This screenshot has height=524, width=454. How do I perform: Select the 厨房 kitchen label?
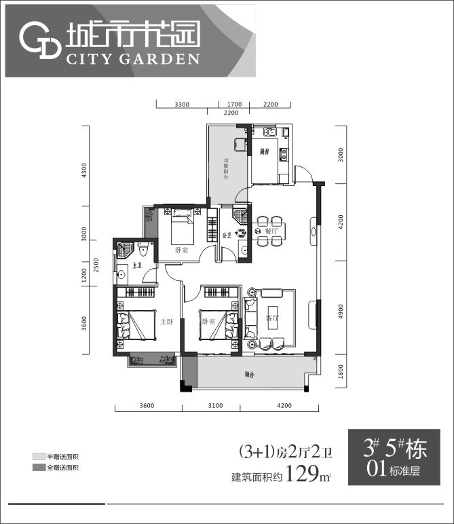click(x=264, y=151)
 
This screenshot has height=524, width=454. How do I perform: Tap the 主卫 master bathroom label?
click(x=137, y=265)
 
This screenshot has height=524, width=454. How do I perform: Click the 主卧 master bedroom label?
click(x=166, y=322)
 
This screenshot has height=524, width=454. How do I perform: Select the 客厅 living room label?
click(x=254, y=318)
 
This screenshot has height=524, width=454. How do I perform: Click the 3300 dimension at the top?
click(x=182, y=105)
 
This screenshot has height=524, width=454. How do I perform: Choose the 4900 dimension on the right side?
click(x=341, y=311)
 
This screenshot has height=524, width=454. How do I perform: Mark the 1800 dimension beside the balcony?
click(x=341, y=371)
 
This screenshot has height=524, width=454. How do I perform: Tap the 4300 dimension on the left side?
click(x=85, y=169)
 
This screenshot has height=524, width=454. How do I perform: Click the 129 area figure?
click(x=303, y=474)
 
